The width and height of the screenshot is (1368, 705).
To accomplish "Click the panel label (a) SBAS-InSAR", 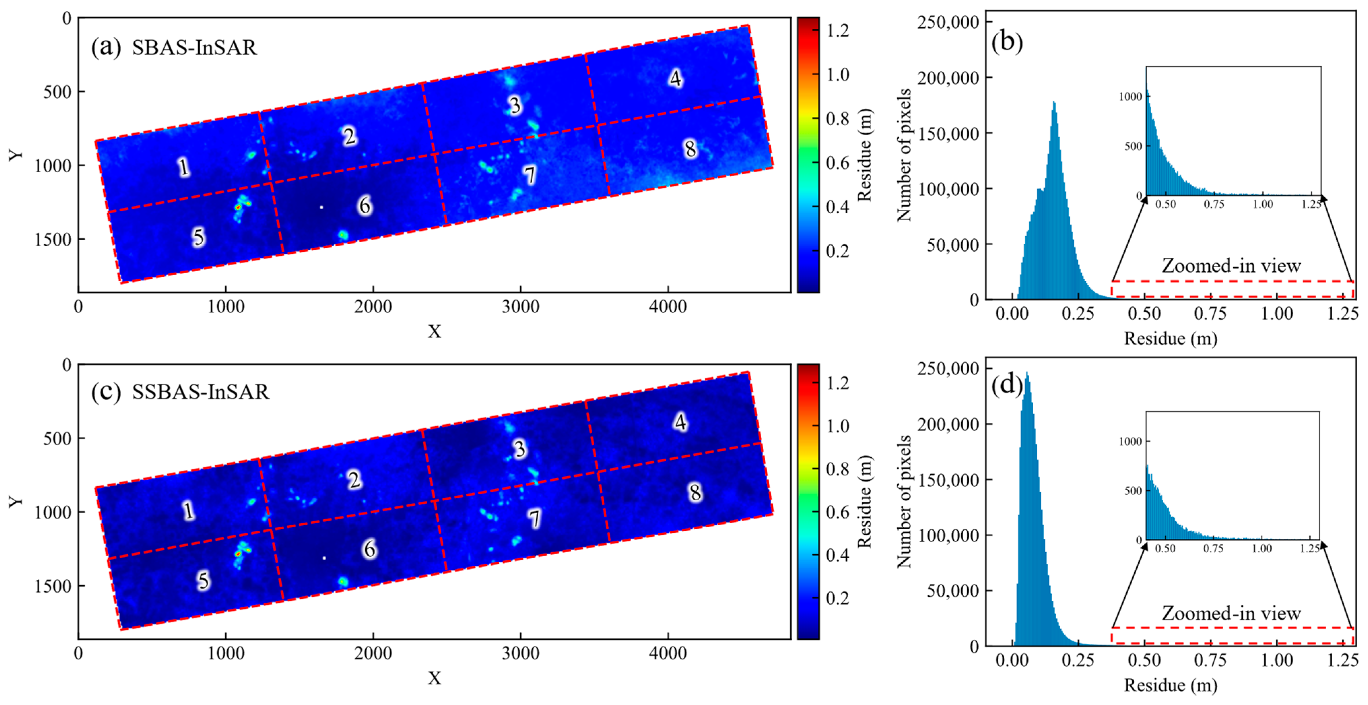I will pyautogui.click(x=174, y=48).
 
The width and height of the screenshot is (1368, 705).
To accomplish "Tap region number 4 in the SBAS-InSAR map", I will pyautogui.click(x=675, y=78).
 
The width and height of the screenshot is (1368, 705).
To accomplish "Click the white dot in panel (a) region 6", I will pyautogui.click(x=321, y=207).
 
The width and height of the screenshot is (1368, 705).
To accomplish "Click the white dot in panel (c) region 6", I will pyautogui.click(x=324, y=558).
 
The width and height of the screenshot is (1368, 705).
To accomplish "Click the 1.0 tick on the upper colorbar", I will pyautogui.click(x=837, y=75).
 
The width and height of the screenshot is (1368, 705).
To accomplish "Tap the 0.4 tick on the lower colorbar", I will pyautogui.click(x=837, y=555).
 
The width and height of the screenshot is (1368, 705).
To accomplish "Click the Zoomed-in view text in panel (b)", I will pyautogui.click(x=1231, y=266).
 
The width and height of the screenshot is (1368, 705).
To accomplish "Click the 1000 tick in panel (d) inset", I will pyautogui.click(x=1130, y=442).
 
